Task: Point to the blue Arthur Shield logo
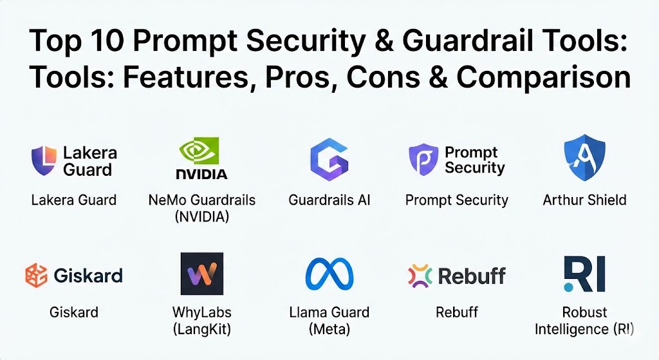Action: (584, 157)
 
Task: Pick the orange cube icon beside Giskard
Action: (36, 276)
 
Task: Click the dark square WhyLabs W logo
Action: (201, 274)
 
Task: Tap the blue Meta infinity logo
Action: (329, 274)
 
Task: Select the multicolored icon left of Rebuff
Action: (420, 276)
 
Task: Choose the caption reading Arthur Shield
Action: (584, 200)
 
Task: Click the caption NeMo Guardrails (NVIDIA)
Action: (201, 208)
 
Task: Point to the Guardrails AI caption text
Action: (329, 200)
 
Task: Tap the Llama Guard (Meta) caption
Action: (329, 321)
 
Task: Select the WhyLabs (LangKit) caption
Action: (201, 321)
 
